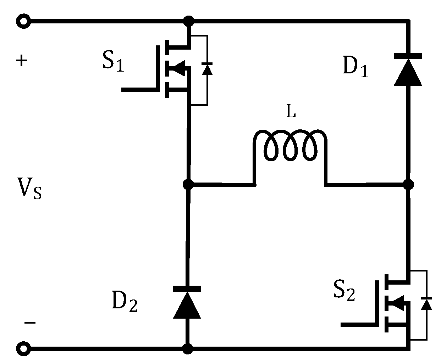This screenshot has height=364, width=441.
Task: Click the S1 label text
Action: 113,62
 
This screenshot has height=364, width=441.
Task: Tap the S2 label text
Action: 344,291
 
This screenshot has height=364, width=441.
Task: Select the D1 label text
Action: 355,67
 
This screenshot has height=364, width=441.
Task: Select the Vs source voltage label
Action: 29,188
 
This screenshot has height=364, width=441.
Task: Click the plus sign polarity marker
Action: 22,61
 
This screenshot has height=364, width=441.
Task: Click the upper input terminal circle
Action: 24,22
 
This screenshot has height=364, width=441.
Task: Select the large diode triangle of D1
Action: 408,72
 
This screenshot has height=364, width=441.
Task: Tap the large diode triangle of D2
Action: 187,305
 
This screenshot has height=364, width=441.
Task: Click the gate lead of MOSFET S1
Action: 138,89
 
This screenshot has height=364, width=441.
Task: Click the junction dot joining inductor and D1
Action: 408,184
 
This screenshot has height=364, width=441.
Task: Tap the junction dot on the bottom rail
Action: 188,349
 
